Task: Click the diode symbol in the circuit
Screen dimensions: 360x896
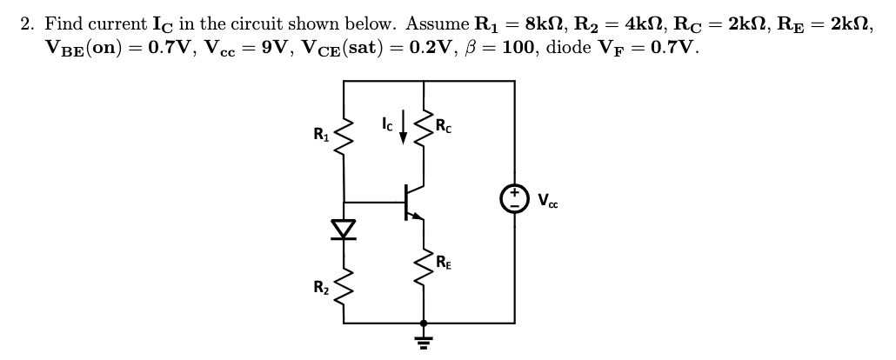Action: tap(345, 229)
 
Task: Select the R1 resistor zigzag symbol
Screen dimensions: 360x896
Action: tap(345, 135)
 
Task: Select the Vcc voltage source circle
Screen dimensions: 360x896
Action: tap(513, 199)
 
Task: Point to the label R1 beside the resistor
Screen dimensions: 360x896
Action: tap(321, 135)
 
